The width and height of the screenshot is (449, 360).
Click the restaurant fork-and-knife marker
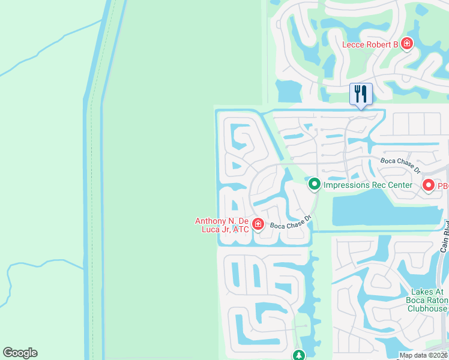[x=361, y=94]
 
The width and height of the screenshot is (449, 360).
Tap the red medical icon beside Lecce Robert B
[x=407, y=44]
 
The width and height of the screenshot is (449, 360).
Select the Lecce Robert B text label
[x=370, y=44]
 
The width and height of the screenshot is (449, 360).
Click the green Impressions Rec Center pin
[x=314, y=185]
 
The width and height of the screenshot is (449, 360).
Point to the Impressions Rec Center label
[x=367, y=185]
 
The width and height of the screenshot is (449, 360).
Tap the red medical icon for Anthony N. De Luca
[x=258, y=224]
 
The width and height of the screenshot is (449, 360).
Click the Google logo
[x=20, y=353]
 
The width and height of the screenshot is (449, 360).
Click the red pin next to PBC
[x=429, y=185]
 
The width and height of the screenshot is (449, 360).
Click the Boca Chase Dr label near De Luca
[x=290, y=223]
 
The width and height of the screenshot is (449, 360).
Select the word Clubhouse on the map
[x=427, y=309]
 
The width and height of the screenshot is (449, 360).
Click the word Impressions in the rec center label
[x=345, y=185]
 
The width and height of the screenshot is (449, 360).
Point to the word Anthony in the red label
[x=211, y=221]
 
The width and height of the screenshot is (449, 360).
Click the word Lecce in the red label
[x=354, y=44]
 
